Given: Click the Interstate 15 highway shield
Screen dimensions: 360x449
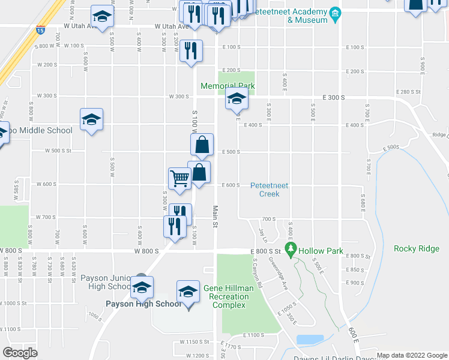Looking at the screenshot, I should (40, 29).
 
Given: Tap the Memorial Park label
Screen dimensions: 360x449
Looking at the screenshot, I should (228, 86).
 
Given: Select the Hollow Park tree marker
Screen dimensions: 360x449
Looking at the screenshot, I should (291, 248).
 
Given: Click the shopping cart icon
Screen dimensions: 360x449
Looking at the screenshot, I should (179, 178).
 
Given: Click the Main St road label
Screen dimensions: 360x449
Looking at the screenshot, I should (215, 217).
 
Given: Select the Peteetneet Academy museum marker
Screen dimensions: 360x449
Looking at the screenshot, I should (336, 13).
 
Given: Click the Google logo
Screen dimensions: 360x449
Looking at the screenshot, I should (20, 352).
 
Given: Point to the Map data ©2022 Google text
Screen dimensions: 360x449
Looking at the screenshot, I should (411, 355).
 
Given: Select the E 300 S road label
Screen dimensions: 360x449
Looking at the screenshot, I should (334, 97).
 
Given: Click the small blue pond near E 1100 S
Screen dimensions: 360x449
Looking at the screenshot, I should (310, 340).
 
